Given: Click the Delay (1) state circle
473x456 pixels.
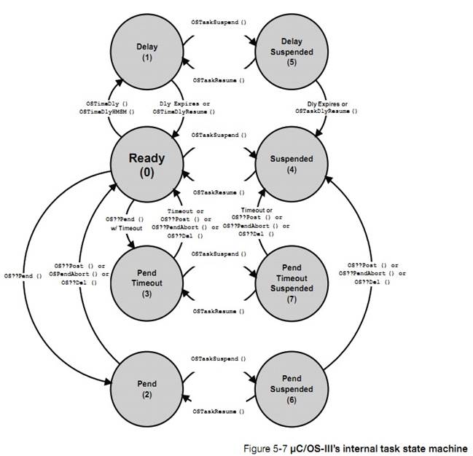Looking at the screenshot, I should click(x=146, y=51).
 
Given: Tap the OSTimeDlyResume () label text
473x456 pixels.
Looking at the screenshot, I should click(x=188, y=111).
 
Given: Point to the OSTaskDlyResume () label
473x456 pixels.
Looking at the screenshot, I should click(x=326, y=111).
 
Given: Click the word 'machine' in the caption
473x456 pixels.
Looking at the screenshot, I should click(x=452, y=447).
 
